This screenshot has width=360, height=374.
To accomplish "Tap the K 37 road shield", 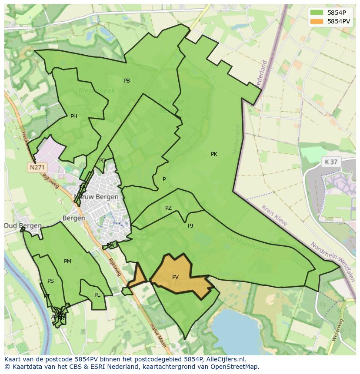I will [x=330, y=162].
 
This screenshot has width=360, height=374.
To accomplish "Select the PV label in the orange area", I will [x=175, y=277].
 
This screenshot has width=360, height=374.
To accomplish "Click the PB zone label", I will [x=127, y=81].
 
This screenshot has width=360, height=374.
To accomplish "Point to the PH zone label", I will [x=74, y=116].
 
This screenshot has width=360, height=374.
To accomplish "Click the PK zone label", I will [x=214, y=154].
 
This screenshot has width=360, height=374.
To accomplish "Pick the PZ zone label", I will [x=168, y=208].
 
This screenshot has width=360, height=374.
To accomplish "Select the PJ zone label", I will [x=190, y=226].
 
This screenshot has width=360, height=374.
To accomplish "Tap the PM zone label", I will [x=67, y=261].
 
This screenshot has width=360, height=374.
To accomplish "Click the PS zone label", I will [x=50, y=281].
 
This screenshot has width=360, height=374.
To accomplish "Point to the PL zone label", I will [x=97, y=295].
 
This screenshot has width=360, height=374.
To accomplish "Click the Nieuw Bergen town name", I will [x=97, y=197].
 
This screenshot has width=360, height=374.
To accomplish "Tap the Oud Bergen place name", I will [x=23, y=226].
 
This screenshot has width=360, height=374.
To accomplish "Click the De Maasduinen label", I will [x=248, y=244].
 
